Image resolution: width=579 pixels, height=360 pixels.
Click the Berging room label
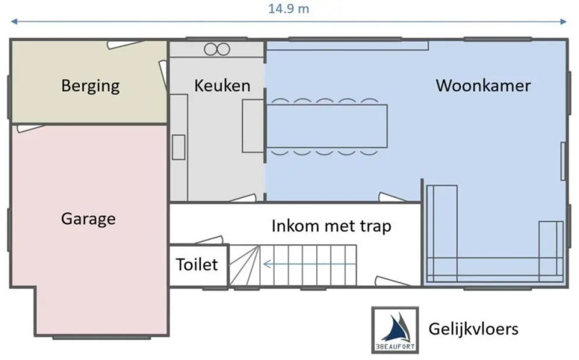pyautogui.click(x=91, y=86)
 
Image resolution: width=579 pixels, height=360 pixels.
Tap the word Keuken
pyautogui.click(x=223, y=86)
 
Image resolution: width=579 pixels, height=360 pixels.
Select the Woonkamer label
pyautogui.click(x=483, y=85)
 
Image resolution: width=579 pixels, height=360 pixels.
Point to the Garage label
pyautogui.click(x=89, y=219)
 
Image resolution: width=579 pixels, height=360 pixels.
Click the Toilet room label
pyautogui.click(x=197, y=264)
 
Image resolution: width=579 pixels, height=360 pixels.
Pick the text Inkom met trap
pyautogui.click(x=331, y=226)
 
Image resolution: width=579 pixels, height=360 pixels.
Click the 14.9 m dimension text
pyautogui.click(x=288, y=9)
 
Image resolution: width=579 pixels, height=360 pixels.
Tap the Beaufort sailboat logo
pyautogui.click(x=395, y=330)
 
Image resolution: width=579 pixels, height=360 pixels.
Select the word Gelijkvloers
pyautogui.click(x=473, y=328)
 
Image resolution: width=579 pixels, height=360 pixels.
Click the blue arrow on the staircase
pyautogui.click(x=310, y=264)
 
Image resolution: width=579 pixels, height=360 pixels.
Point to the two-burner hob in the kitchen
pyautogui.click(x=217, y=49)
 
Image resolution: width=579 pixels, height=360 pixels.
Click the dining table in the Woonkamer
pyautogui.click(x=327, y=126)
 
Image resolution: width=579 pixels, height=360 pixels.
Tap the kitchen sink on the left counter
pyautogui.click(x=179, y=148)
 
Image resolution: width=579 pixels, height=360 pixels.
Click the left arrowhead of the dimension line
pyautogui.click(x=14, y=22)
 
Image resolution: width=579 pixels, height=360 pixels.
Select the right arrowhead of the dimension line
pyautogui.click(x=563, y=22)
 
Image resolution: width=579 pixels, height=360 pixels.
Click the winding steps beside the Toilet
pyautogui.click(x=244, y=265)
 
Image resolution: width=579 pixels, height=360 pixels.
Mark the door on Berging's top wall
pyautogui.click(x=125, y=45)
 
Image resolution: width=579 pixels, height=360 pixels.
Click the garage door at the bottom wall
pyautogui.click(x=102, y=338)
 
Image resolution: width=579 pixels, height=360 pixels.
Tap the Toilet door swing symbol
pyautogui.click(x=209, y=240)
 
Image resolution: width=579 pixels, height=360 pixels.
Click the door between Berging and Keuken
pyautogui.click(x=163, y=74)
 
